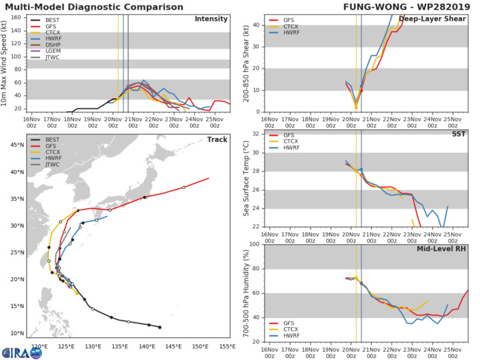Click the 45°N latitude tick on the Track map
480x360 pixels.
[19, 145]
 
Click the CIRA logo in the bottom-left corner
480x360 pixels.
[21, 352]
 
